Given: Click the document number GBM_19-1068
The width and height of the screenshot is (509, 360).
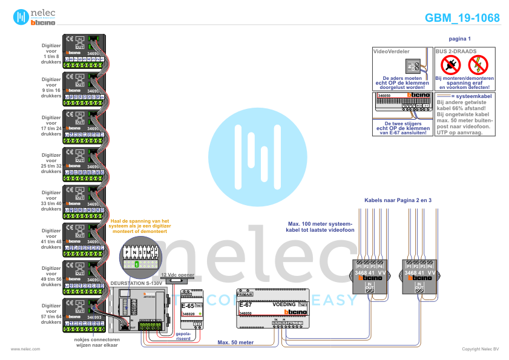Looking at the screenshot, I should click(462, 18).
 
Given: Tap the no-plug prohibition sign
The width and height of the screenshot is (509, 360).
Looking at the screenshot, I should click(448, 64).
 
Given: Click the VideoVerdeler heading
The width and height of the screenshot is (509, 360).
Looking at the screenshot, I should click(392, 52).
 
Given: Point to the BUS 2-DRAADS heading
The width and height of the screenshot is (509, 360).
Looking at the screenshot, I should click(456, 52).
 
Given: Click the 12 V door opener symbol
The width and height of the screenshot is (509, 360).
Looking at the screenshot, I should click(176, 280).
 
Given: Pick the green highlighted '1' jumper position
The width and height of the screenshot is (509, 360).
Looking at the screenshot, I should click(137, 265).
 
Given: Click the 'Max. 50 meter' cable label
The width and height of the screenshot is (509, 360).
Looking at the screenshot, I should click(235, 342).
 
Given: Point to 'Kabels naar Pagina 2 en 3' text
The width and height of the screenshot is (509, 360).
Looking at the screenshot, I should click(397, 199).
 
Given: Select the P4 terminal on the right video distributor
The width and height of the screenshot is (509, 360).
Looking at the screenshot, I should click(429, 266).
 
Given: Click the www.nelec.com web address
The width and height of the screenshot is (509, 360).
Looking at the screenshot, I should click(25, 350).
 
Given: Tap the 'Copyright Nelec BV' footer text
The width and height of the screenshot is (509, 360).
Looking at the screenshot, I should click(481, 350).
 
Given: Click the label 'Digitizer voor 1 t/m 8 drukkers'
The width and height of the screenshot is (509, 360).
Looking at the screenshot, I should click(51, 54).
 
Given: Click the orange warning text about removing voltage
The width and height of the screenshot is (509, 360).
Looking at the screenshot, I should click(140, 226).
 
